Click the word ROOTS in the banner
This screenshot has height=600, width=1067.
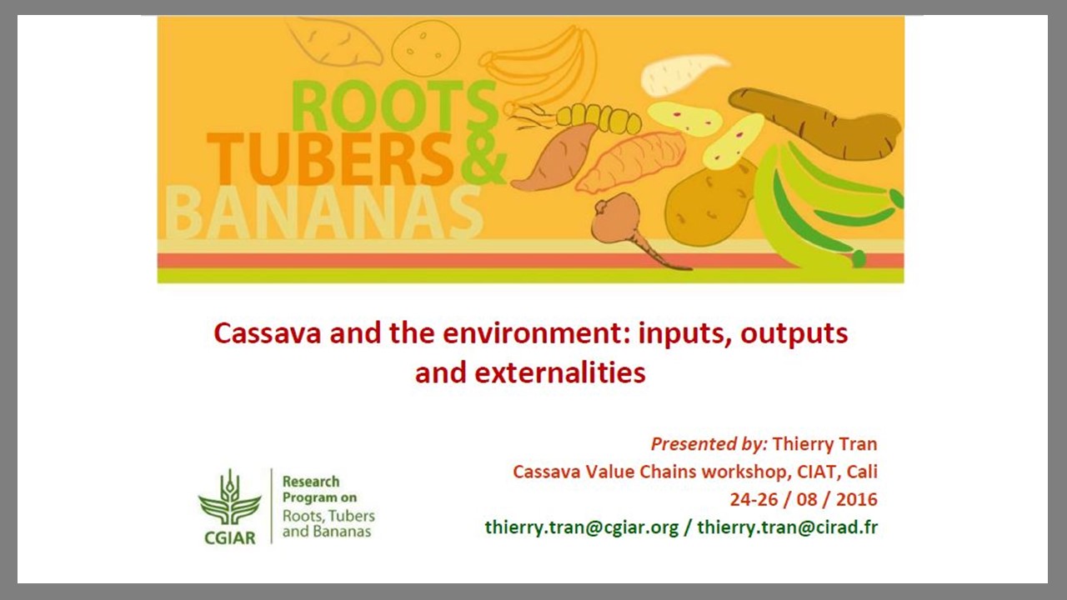point(394,106)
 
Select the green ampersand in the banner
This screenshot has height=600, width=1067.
point(482,158)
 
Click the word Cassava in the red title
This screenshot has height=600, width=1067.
point(268,333)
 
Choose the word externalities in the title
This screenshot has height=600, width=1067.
point(559,372)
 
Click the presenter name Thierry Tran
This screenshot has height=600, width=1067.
point(824,444)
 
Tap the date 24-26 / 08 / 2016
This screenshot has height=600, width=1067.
point(804,499)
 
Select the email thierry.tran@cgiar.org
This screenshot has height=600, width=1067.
point(582,527)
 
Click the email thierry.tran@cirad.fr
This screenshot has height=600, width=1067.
point(788,527)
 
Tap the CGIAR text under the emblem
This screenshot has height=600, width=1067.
point(229,538)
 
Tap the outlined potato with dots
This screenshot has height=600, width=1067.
point(426,48)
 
